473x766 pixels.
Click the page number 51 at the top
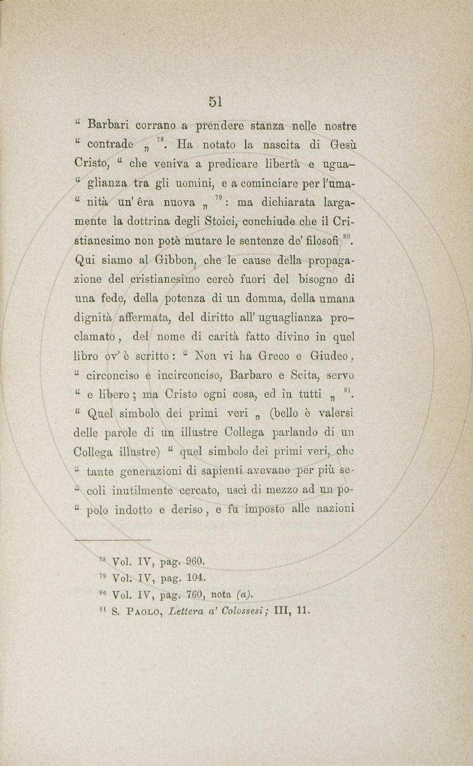pyautogui.click(x=214, y=101)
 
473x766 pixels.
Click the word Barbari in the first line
pyautogui.click(x=107, y=126)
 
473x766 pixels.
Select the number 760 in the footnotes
pyautogui.click(x=193, y=593)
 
